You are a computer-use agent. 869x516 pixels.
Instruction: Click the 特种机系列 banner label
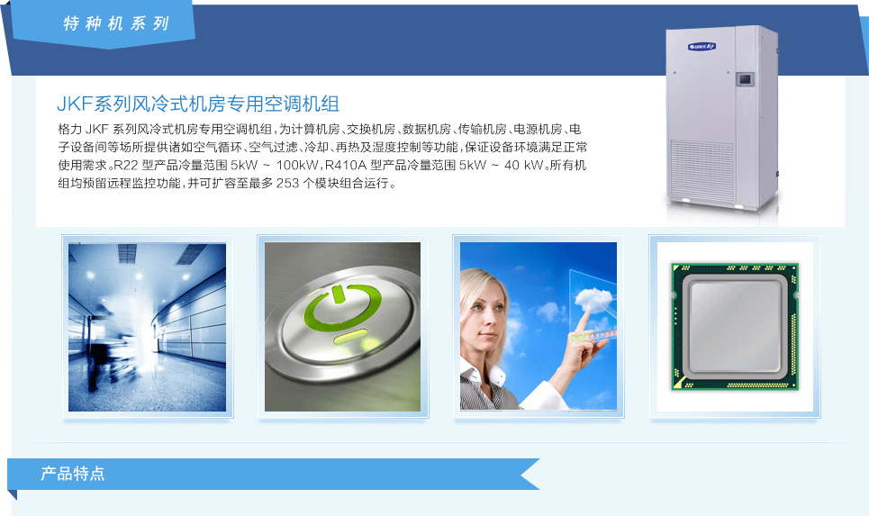(x=116, y=23)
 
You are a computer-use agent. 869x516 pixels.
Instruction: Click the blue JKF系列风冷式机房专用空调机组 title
(x=198, y=104)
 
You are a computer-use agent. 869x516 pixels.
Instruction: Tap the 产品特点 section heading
(x=73, y=474)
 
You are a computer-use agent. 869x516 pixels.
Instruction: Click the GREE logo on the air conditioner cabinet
(x=702, y=47)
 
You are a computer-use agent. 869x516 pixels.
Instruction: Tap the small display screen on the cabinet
(x=745, y=79)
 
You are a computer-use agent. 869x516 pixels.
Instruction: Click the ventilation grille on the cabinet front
(x=702, y=165)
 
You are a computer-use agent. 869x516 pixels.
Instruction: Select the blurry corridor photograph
(x=147, y=327)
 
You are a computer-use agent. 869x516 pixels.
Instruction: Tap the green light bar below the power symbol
(x=349, y=337)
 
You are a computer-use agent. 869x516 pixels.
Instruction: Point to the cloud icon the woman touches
(x=593, y=299)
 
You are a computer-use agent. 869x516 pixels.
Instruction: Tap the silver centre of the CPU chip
(x=735, y=327)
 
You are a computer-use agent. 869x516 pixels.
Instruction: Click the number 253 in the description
(x=287, y=183)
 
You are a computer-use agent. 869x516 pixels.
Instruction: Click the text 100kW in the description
(x=297, y=165)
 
